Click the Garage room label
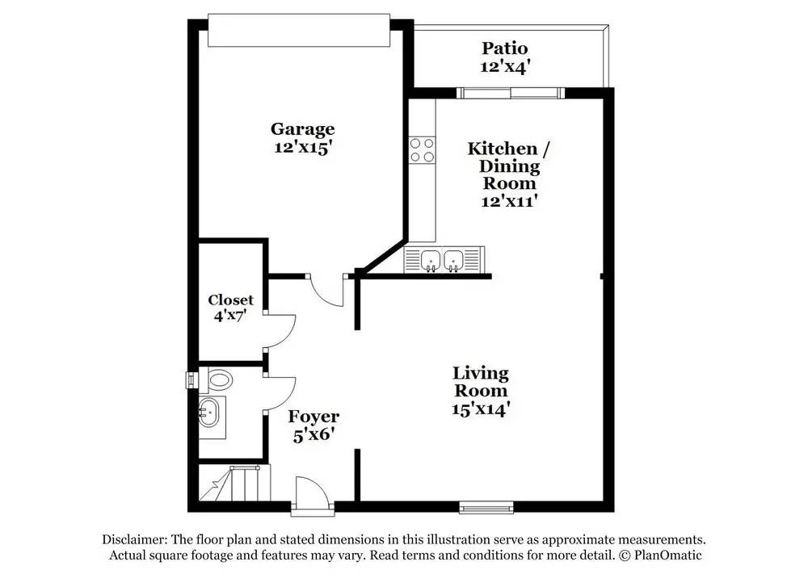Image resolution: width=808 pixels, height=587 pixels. click(302, 129)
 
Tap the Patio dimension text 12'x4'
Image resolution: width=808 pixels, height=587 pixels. click(505, 67)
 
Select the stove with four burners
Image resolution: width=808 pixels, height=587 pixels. click(422, 149)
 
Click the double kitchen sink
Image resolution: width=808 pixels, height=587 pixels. click(442, 259)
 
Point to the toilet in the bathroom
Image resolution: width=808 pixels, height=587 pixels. click(217, 378)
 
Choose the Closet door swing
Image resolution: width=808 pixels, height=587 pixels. click(280, 331)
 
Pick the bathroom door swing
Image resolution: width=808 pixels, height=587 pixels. click(280, 395)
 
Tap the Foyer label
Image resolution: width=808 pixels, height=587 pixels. click(314, 417)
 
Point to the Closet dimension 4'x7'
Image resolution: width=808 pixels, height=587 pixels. click(230, 316)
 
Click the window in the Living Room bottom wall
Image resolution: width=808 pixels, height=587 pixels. click(486, 507)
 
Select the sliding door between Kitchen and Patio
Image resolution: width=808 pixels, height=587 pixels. click(510, 93)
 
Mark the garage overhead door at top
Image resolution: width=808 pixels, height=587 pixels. click(299, 31)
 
